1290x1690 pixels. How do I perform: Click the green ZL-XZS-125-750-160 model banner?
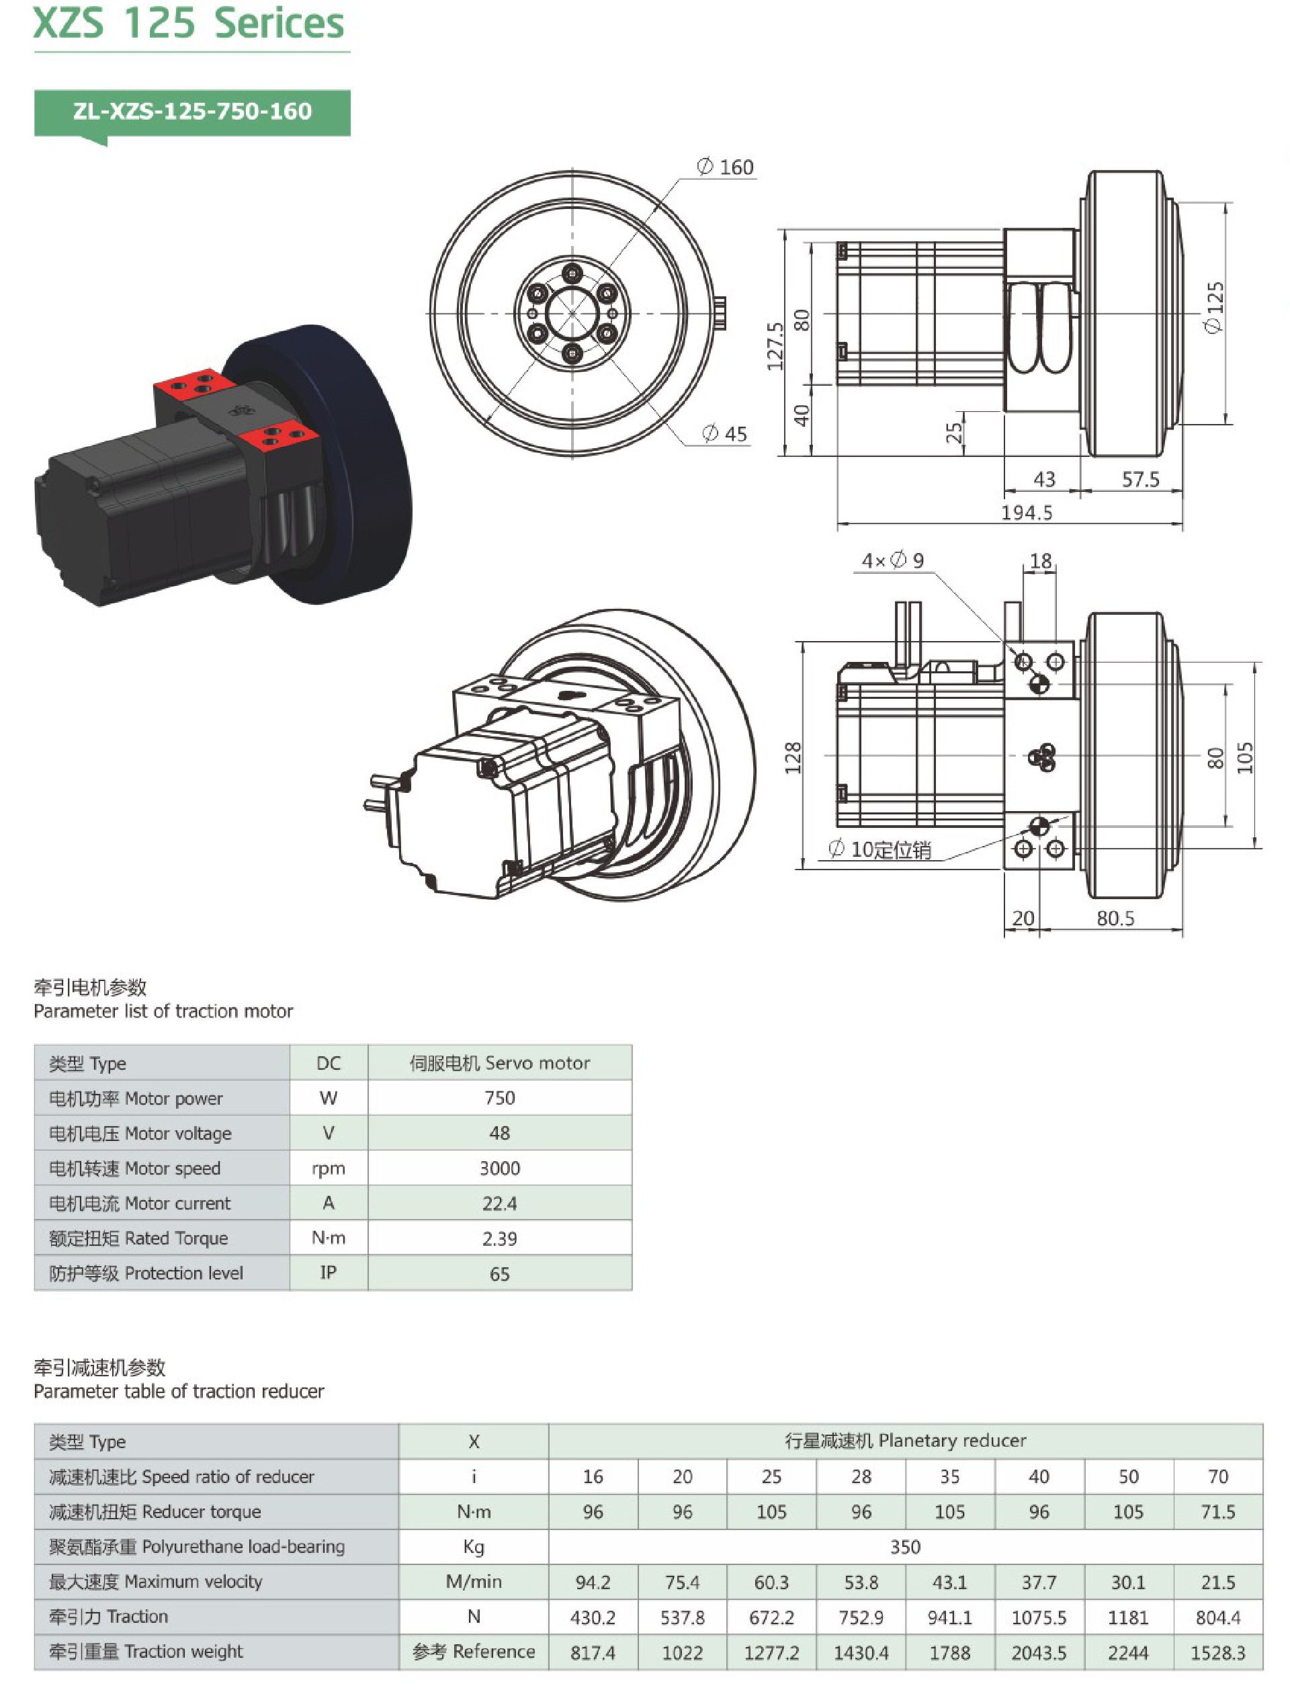192,112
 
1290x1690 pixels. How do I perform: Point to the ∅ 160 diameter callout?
725,167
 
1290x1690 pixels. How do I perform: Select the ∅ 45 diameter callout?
725,434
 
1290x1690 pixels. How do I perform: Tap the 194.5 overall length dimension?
1027,513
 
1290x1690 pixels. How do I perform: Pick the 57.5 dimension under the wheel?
1140,480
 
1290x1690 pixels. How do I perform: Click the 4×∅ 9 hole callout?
892,560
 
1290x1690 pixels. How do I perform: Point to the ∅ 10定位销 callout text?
880,849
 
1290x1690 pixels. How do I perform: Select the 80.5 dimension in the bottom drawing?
1115,919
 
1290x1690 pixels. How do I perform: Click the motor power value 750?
499,1098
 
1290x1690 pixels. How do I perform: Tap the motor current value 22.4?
499,1203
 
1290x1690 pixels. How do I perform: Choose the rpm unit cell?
328,1169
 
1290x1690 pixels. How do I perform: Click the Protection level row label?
146,1273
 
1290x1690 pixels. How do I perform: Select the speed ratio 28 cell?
861,1476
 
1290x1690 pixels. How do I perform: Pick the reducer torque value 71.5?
1218,1512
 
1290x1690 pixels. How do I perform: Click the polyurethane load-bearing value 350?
905,1547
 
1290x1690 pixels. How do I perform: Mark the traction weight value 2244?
1128,1652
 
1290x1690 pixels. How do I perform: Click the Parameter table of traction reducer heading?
179,1392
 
